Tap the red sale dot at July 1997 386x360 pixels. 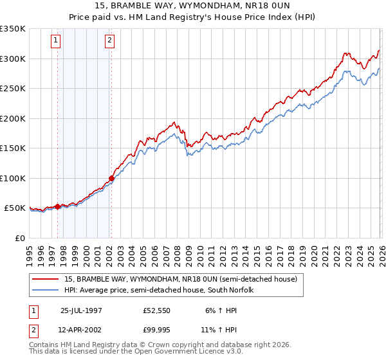58,206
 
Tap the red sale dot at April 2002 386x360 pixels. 111,178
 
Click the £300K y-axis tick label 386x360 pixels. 13,59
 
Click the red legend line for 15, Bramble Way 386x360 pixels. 45,280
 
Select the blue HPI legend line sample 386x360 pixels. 45,290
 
